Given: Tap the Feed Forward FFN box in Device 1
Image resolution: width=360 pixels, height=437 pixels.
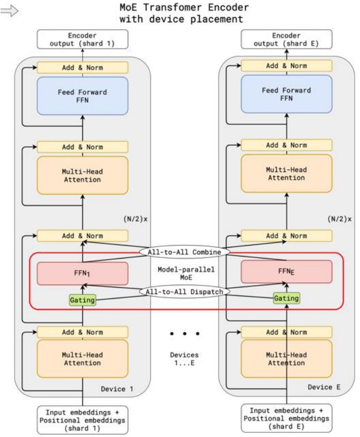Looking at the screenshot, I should tap(83, 96).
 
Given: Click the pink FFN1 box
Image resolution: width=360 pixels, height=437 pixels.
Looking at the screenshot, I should tap(83, 273).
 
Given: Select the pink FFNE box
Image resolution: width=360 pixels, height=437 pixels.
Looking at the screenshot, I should tap(287, 271).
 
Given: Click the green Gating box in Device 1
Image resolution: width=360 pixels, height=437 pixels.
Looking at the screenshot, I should tap(82, 300).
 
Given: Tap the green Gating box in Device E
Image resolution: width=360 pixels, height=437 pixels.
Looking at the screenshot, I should tap(287, 298).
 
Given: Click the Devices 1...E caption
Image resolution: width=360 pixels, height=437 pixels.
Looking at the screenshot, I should tap(184, 359).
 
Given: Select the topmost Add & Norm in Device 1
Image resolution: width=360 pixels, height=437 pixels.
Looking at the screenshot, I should tap(83, 68).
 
